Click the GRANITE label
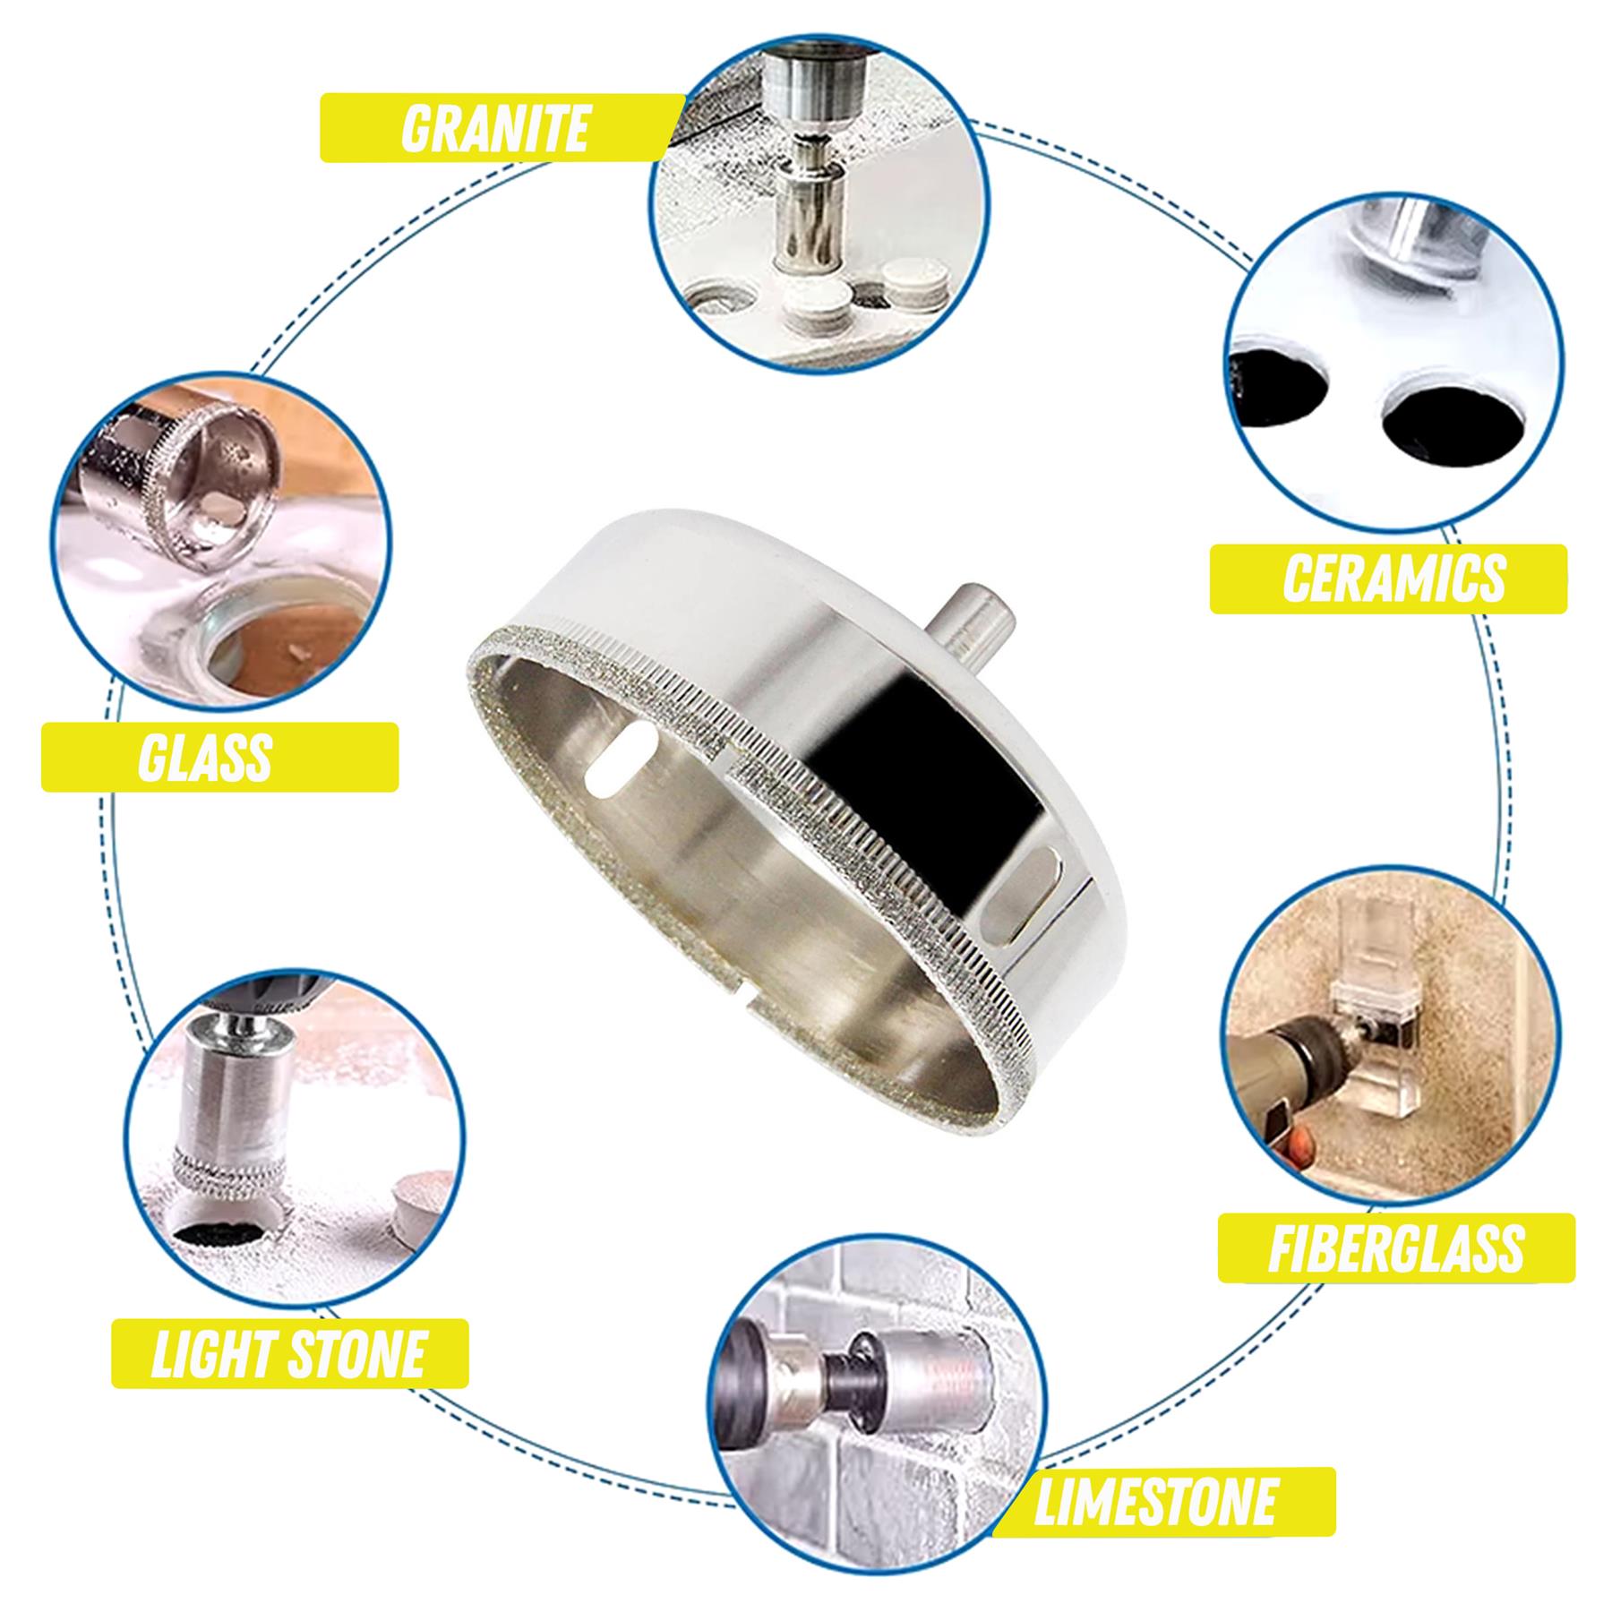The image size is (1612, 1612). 494,127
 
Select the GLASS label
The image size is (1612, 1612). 206,758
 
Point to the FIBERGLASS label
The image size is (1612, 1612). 1395,1247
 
